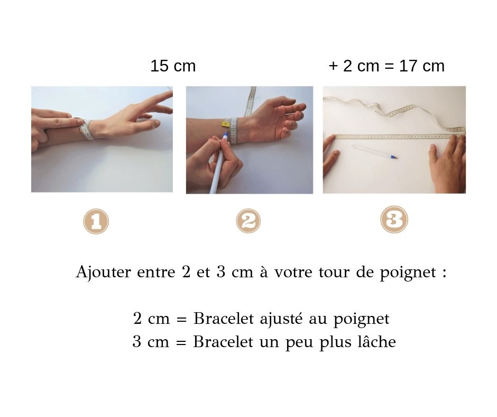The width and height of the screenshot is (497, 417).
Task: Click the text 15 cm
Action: pyautogui.click(x=173, y=66)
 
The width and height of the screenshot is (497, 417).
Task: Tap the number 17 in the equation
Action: pyautogui.click(x=409, y=66)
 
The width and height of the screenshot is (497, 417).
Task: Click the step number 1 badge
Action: pyautogui.click(x=96, y=221)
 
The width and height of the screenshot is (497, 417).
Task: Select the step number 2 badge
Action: pyautogui.click(x=248, y=221)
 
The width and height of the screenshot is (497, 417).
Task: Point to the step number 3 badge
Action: pyautogui.click(x=394, y=219)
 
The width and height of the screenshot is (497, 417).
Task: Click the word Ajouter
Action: pyautogui.click(x=103, y=273)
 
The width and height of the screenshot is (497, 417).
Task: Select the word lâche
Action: pyautogui.click(x=376, y=341)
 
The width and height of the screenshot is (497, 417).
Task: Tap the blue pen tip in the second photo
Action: pyautogui.click(x=226, y=137)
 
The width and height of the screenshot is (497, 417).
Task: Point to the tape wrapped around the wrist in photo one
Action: pyautogui.click(x=86, y=130)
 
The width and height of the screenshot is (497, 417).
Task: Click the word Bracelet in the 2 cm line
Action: pyautogui.click(x=224, y=318)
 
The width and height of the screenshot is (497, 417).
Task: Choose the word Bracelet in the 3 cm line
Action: pyautogui.click(x=223, y=342)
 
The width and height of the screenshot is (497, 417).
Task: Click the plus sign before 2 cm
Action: pyautogui.click(x=333, y=66)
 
